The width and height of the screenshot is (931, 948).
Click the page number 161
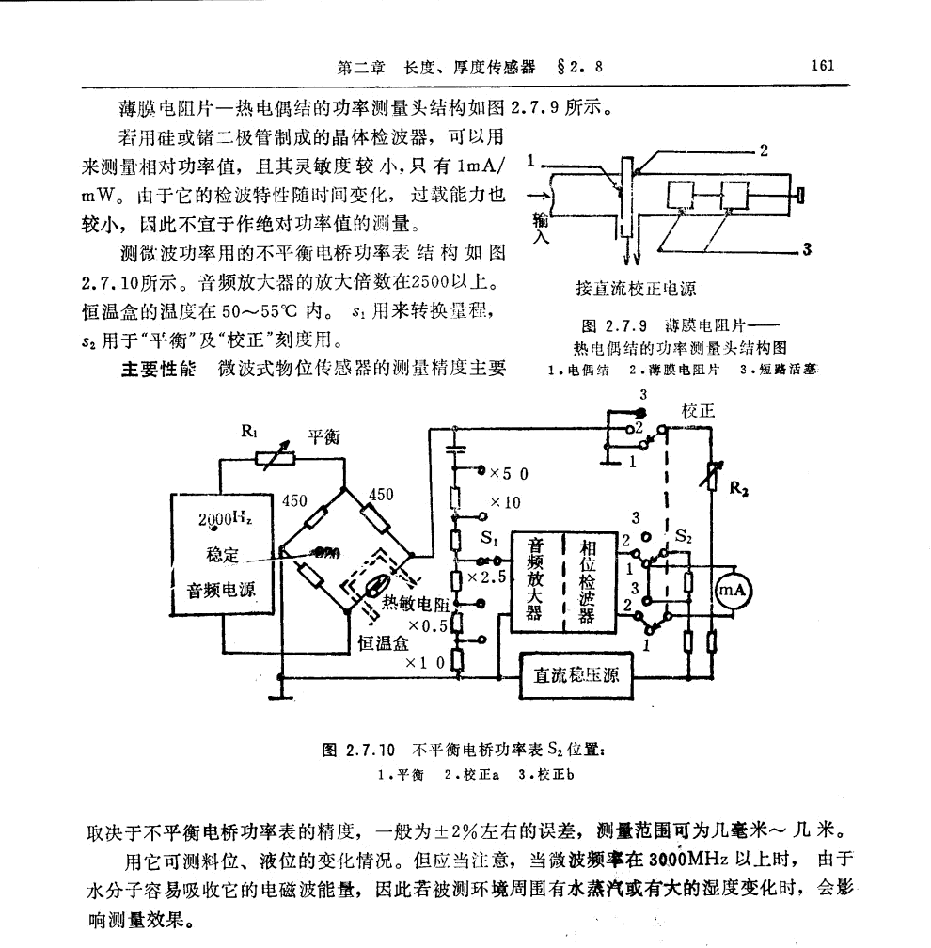coord(821,67)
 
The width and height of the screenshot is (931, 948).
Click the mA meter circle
coord(734,591)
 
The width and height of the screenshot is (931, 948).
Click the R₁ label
coord(250,434)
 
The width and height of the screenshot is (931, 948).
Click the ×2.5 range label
coord(493,576)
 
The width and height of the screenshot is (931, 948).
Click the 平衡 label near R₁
coord(324,436)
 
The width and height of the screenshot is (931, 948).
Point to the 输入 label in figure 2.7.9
coord(540,227)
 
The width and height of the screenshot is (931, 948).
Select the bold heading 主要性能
coord(155,368)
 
